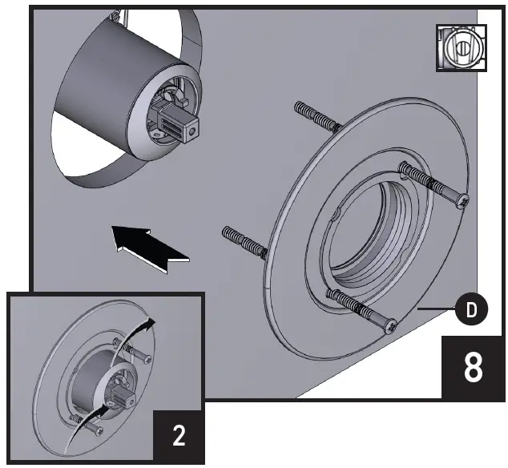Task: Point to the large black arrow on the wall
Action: (x=150, y=244)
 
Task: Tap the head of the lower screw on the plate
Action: (x=390, y=327)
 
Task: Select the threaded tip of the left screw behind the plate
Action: (x=228, y=232)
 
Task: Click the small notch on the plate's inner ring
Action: (x=336, y=215)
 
